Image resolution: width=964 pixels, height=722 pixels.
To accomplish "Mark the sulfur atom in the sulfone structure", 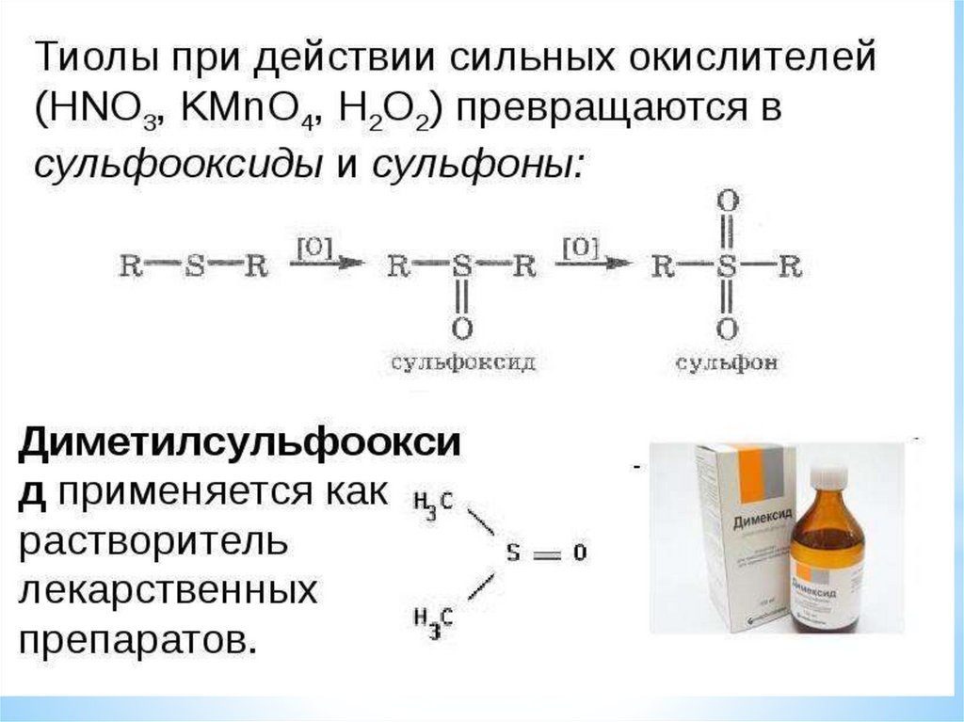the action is point(727,267).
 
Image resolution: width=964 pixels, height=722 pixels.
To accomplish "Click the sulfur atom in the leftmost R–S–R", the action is point(194,267).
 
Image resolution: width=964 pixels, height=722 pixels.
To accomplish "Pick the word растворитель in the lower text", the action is point(151,542).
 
